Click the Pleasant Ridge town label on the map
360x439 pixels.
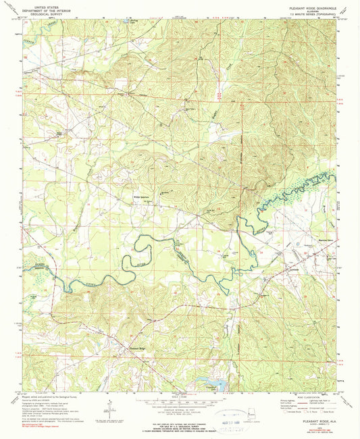click(138, 348)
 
